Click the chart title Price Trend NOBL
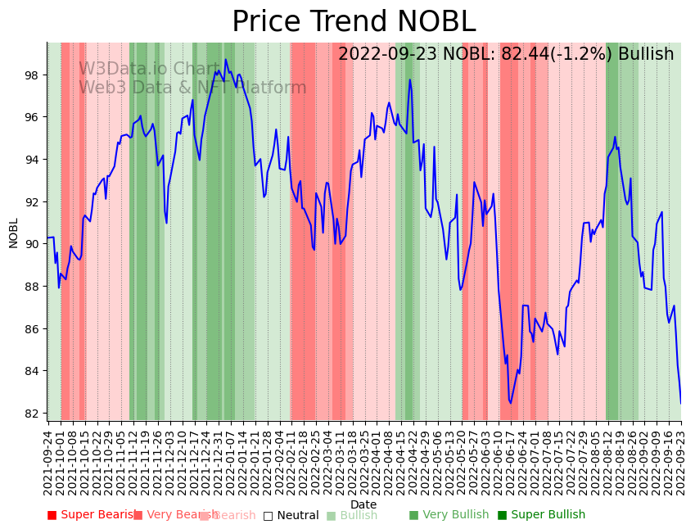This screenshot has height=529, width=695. click(353, 22)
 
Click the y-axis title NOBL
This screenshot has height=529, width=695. click(14, 233)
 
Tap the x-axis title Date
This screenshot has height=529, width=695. click(363, 505)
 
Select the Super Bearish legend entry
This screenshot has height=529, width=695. click(91, 515)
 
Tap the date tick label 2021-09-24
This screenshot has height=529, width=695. click(47, 460)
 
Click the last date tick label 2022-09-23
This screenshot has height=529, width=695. click(681, 460)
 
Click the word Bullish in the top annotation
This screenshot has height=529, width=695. click(646, 54)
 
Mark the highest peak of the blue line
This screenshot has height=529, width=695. click(226, 60)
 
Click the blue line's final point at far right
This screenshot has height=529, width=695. click(681, 402)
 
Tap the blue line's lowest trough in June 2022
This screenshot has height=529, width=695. click(510, 403)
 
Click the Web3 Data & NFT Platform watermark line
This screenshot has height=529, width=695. click(192, 88)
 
